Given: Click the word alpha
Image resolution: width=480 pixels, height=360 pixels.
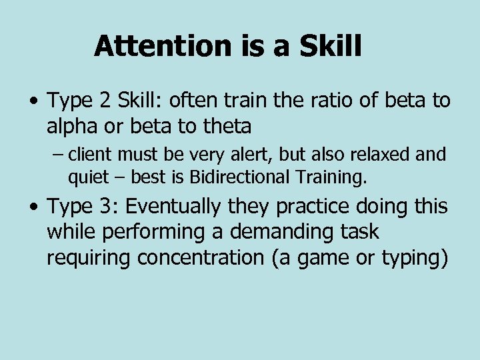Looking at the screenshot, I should click(71, 126).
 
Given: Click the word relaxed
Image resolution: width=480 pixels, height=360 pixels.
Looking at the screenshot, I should click(378, 155).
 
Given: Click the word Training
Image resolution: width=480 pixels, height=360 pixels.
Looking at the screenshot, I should click(335, 178).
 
